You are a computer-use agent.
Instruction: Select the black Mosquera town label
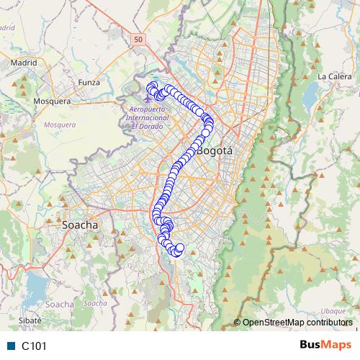pyautogui.click(x=51, y=102)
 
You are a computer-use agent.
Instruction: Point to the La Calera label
pyautogui.click(x=333, y=76)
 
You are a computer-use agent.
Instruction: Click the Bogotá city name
pyautogui.click(x=215, y=151)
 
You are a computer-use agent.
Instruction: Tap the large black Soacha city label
pyautogui.click(x=80, y=225)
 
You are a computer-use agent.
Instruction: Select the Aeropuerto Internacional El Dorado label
pyautogui.click(x=146, y=117)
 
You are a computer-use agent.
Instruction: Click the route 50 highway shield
pyautogui.click(x=138, y=37)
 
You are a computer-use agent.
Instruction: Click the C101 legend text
pyautogui.click(x=34, y=346)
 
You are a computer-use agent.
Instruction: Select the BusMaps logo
pyautogui.click(x=325, y=346)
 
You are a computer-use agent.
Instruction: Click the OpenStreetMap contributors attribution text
pyautogui.click(x=297, y=323)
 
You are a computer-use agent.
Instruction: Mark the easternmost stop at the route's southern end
pyautogui.click(x=180, y=248)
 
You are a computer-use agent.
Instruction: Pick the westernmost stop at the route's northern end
pyautogui.click(x=150, y=88)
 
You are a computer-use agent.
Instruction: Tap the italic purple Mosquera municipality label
pyautogui.click(x=60, y=125)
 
